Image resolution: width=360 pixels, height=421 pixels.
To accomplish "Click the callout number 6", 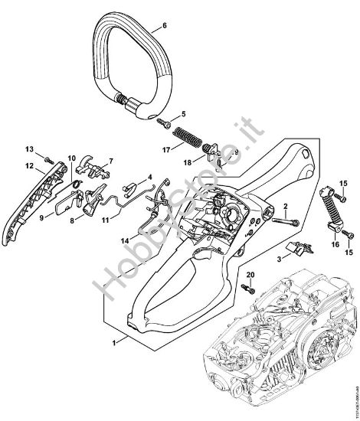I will pos(163,24).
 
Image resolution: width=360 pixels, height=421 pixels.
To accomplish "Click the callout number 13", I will pos(28,148).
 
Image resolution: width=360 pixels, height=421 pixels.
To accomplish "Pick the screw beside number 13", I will pos(47,158).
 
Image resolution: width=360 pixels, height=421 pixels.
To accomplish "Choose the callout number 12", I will pos(28,165).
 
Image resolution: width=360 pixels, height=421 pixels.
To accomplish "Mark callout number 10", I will pos(72,158).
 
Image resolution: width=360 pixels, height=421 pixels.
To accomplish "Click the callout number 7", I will pos(110,161).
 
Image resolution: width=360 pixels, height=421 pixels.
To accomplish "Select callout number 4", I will pos(150,177).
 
